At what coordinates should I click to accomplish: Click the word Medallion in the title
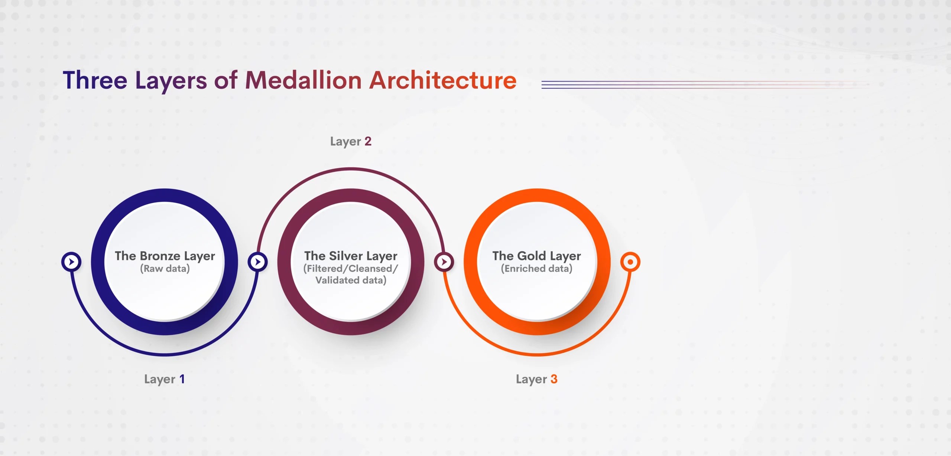pyautogui.click(x=303, y=80)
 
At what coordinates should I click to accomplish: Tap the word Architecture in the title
pyautogui.click(x=442, y=80)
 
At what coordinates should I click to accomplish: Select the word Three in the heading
pyautogui.click(x=95, y=80)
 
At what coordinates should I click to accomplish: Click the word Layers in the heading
pyautogui.click(x=171, y=81)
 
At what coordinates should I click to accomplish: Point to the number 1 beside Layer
pyautogui.click(x=182, y=379)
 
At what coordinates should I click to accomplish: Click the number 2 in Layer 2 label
pyautogui.click(x=368, y=141)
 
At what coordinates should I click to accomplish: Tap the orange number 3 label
pyautogui.click(x=554, y=379)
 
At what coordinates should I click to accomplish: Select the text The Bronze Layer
pyautogui.click(x=165, y=256)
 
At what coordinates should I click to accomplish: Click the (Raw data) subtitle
pyautogui.click(x=165, y=268)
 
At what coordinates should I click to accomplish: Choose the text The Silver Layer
pyautogui.click(x=351, y=256)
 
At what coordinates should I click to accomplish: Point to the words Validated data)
pyautogui.click(x=351, y=280)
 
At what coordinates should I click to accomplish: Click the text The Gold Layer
pyautogui.click(x=536, y=256)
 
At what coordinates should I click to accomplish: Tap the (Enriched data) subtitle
pyautogui.click(x=536, y=268)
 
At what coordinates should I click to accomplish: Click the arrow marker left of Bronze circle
pyautogui.click(x=71, y=262)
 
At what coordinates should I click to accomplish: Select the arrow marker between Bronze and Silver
pyautogui.click(x=257, y=262)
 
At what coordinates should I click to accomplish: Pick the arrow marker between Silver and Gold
pyautogui.click(x=444, y=262)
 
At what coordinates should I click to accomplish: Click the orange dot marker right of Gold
pyautogui.click(x=630, y=262)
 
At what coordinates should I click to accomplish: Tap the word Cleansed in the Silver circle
pyautogui.click(x=370, y=268)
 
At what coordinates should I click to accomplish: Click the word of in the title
pyautogui.click(x=225, y=80)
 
